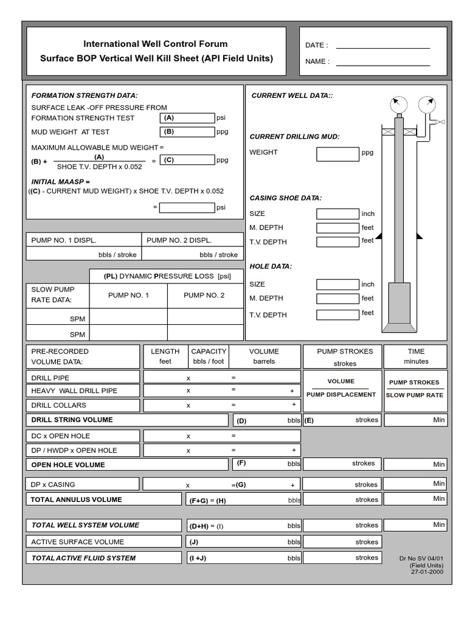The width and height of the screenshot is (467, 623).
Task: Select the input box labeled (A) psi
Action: (187, 118)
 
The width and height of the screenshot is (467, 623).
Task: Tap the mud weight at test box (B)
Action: (187, 131)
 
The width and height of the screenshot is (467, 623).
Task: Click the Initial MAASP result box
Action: (187, 207)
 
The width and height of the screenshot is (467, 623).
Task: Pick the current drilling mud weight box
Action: (337, 154)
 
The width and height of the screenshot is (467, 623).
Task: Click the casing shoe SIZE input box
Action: (337, 214)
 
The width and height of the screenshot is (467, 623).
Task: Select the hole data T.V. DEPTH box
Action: (337, 315)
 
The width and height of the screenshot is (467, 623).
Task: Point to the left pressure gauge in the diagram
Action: (398, 103)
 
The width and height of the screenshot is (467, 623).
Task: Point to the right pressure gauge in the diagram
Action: (429, 103)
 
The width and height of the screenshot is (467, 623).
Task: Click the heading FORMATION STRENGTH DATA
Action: (85, 96)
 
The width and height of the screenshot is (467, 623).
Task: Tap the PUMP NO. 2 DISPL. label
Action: (179, 240)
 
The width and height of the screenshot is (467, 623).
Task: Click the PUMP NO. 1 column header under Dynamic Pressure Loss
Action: (128, 295)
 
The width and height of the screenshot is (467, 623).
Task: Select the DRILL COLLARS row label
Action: (58, 405)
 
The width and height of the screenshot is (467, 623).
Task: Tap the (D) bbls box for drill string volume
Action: (267, 420)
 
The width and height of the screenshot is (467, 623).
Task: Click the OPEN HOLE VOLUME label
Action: (68, 465)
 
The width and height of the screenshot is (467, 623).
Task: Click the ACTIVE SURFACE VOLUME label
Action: (77, 542)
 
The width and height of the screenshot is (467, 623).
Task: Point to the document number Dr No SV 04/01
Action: (421, 558)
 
